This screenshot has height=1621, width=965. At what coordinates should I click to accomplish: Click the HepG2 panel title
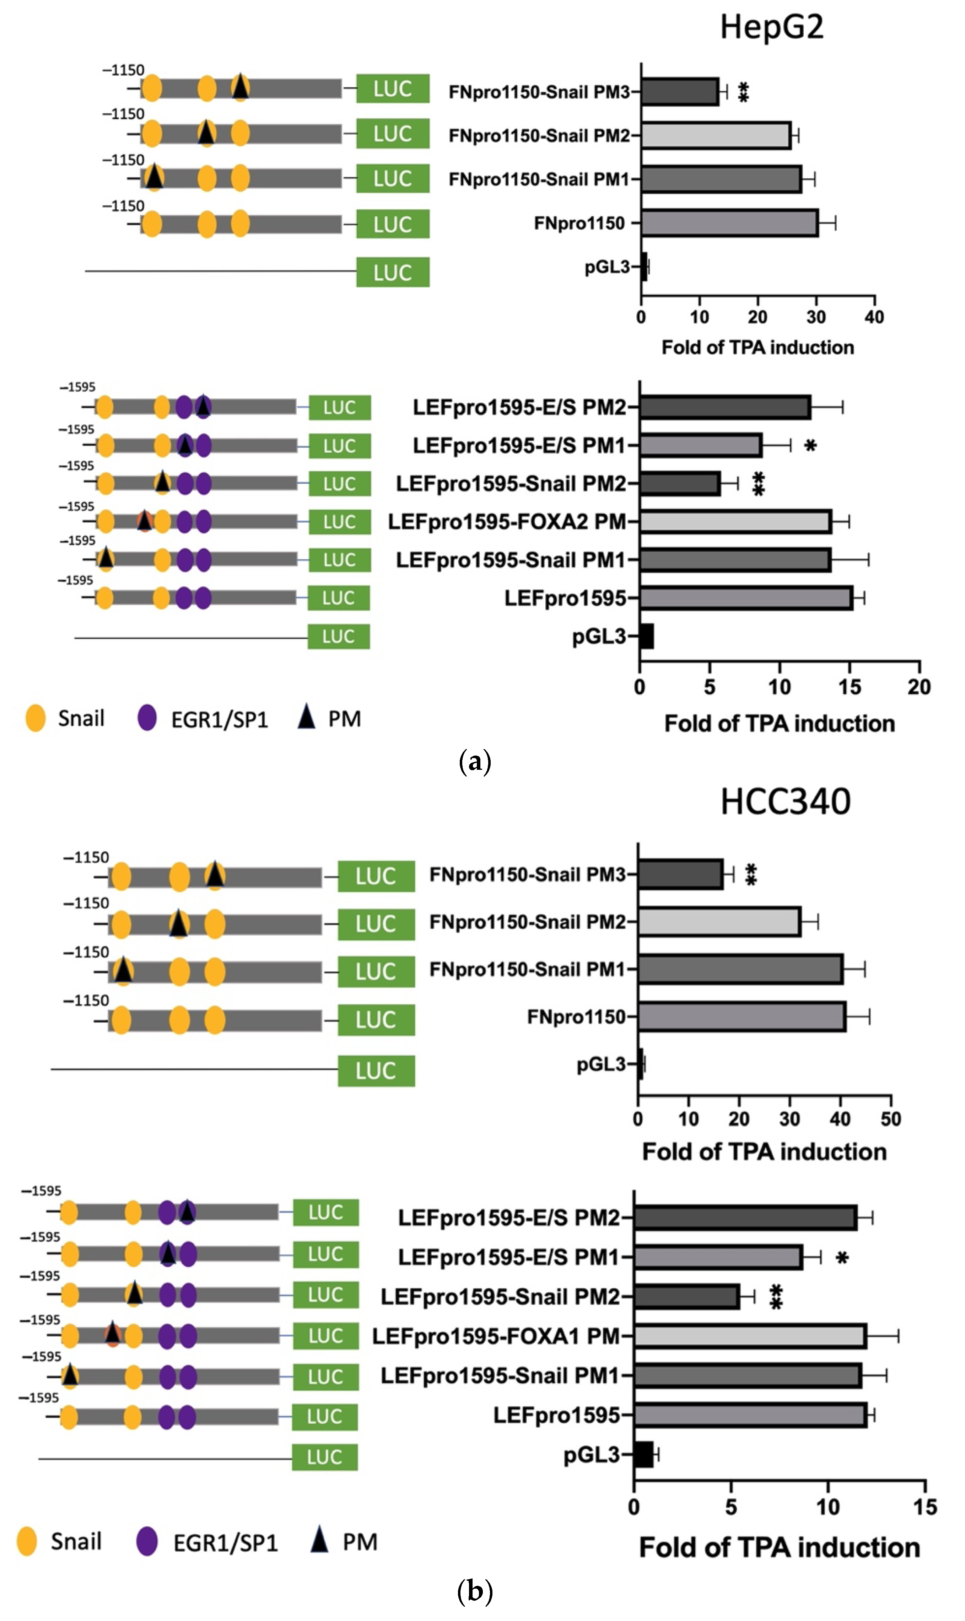(771, 27)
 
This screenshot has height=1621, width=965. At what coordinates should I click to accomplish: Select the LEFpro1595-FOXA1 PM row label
(496, 1336)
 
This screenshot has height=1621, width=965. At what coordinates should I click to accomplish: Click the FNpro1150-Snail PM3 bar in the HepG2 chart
(680, 92)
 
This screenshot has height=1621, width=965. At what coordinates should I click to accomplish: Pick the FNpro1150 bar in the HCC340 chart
(741, 1017)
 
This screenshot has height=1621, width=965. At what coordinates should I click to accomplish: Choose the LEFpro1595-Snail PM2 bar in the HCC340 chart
(687, 1297)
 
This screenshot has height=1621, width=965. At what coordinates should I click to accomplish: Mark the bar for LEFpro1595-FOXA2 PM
(735, 522)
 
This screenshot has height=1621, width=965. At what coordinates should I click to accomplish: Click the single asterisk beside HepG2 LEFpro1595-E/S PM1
(810, 446)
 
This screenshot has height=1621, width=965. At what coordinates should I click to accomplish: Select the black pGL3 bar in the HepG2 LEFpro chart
(646, 636)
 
